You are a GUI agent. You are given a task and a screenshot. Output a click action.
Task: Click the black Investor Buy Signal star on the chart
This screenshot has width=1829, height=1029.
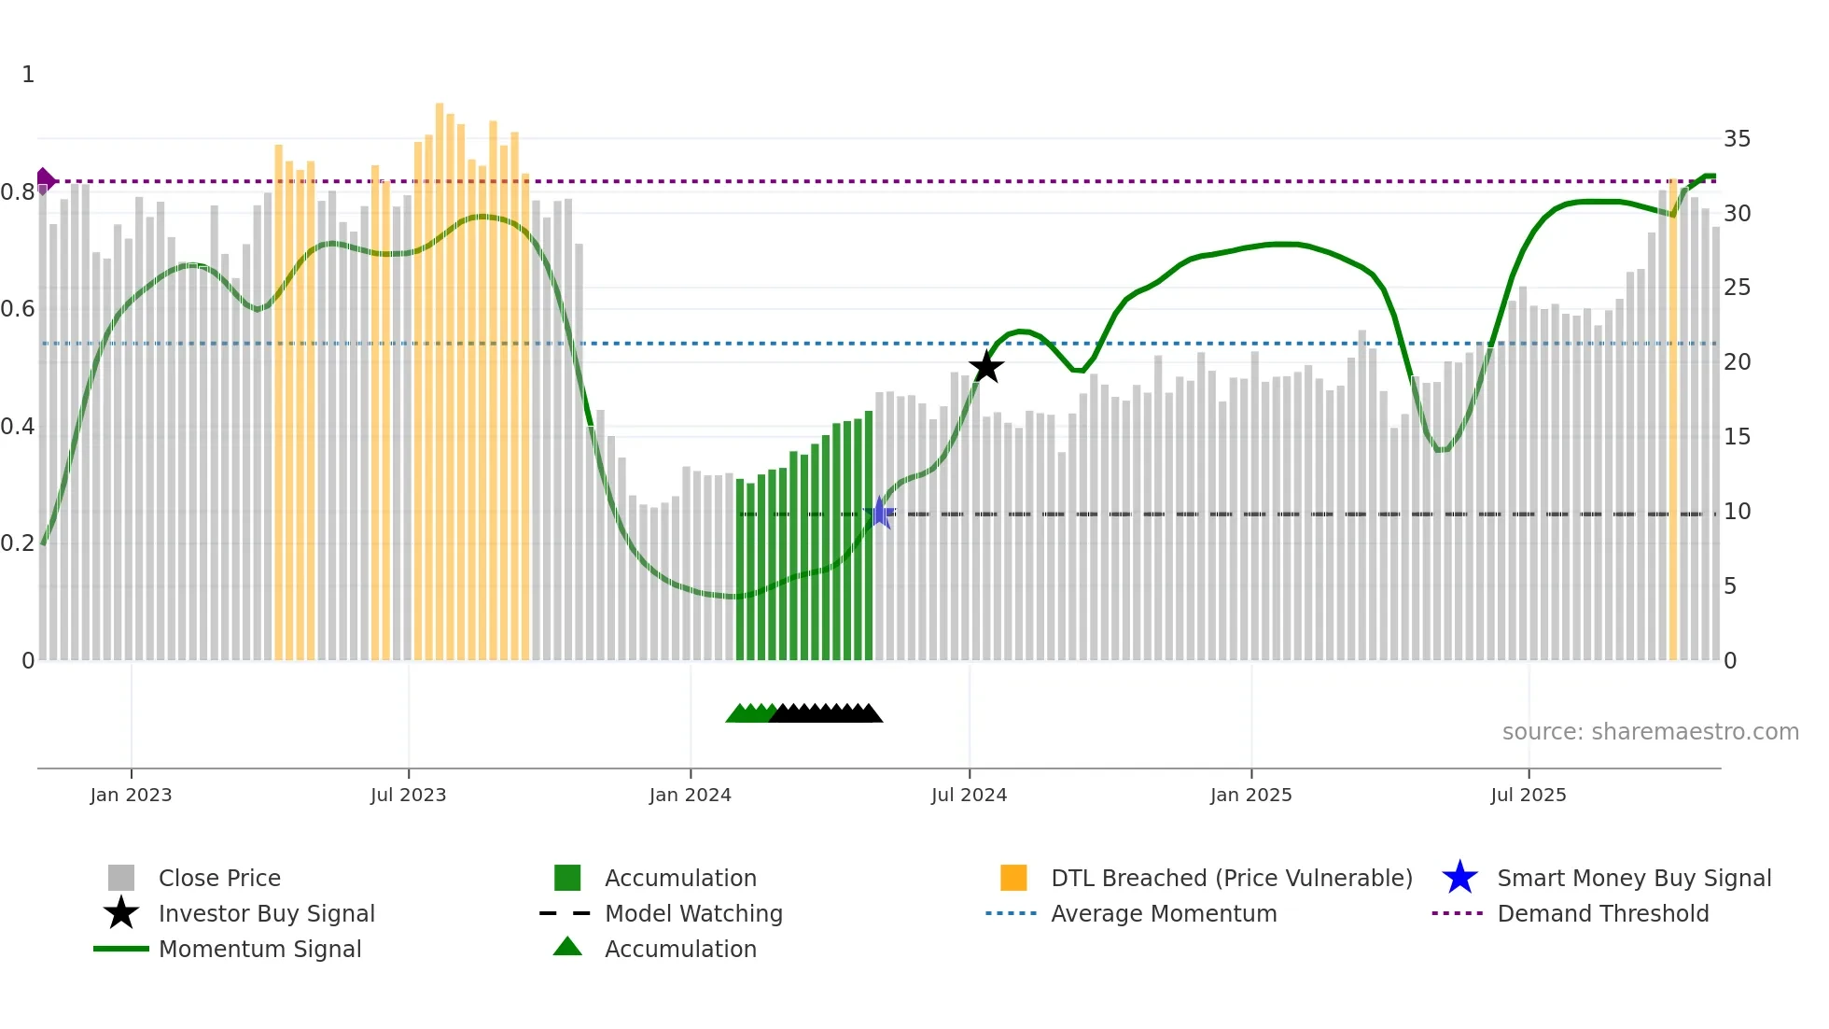985,367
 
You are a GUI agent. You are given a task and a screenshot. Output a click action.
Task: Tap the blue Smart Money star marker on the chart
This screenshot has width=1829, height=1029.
879,513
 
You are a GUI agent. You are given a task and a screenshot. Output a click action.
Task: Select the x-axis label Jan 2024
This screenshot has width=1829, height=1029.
690,795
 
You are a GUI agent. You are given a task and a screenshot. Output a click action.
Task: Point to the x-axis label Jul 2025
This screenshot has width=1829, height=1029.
1528,795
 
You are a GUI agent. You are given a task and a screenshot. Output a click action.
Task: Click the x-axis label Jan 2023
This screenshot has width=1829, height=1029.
131,795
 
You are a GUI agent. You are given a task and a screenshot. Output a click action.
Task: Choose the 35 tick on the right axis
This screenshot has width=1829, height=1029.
1737,139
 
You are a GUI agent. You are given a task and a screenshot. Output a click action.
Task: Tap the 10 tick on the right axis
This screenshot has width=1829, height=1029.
1737,512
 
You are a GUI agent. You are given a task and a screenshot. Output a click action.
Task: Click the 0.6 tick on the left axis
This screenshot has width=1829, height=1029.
17,309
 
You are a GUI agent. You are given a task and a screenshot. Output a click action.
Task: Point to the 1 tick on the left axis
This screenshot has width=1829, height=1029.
28,75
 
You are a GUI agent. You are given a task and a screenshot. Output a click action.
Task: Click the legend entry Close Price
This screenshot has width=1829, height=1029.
219,878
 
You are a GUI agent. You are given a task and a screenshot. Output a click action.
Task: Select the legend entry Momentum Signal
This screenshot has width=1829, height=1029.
259,949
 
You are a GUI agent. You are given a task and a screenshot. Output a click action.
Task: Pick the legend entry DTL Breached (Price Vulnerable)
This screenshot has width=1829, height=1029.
1231,878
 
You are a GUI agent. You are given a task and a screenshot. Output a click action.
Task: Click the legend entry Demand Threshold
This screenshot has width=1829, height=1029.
1602,913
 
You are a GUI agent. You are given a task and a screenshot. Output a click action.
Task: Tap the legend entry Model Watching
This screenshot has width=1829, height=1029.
693,913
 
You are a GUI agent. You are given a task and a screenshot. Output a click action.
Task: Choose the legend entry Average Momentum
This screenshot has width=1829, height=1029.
1164,913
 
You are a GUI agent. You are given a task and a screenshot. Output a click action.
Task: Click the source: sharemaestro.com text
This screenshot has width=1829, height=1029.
1650,731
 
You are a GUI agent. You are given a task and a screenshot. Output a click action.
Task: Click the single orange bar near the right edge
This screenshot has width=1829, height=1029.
1673,420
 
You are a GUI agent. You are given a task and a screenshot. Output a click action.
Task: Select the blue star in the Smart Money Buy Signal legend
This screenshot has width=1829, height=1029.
1459,878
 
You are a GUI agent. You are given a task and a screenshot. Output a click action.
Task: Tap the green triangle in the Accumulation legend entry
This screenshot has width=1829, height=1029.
567,947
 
